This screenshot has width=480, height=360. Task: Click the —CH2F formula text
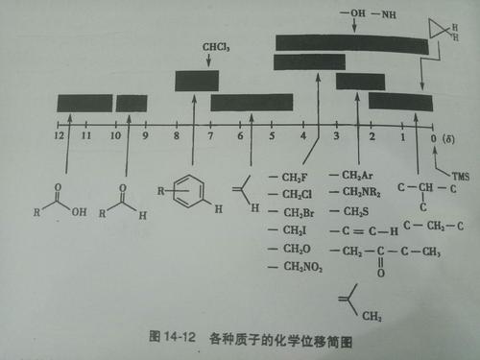(293, 177)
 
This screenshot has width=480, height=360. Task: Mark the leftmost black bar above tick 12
(84, 104)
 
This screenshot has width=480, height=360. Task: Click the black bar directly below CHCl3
(197, 81)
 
